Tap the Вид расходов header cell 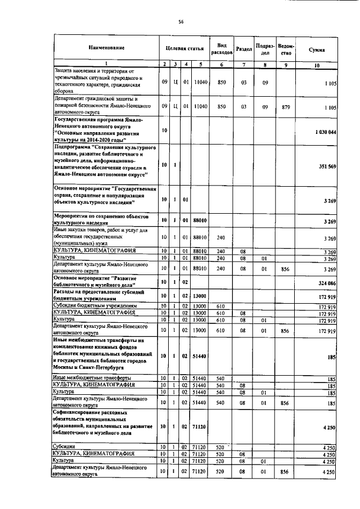[222, 49]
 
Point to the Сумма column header [317, 49]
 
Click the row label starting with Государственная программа [99, 130]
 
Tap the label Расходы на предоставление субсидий [99, 295]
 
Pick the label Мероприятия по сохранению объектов [99, 219]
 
